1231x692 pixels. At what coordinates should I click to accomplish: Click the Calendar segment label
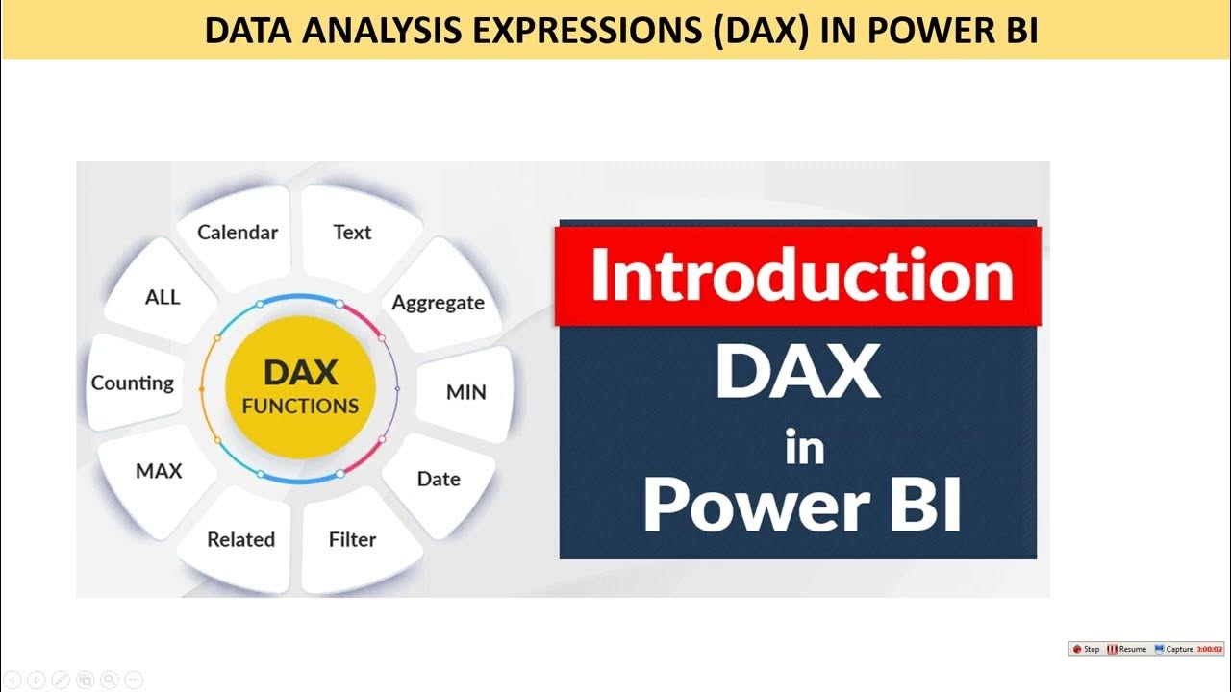[x=238, y=233]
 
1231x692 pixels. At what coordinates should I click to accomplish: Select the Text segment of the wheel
[x=352, y=233]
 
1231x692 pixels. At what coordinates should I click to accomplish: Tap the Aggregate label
[x=438, y=303]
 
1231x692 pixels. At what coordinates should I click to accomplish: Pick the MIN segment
[x=466, y=392]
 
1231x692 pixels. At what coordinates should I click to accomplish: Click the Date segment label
[x=439, y=479]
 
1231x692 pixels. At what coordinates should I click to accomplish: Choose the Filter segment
[x=352, y=540]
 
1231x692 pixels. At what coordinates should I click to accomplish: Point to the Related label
[x=240, y=540]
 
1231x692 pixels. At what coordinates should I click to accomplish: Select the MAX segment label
[x=159, y=472]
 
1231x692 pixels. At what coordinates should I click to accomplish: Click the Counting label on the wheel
[x=133, y=383]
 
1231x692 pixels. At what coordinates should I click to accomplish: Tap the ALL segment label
[x=163, y=297]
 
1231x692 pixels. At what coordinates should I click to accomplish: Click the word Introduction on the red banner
[x=801, y=276]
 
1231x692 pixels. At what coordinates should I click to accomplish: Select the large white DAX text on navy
[x=798, y=373]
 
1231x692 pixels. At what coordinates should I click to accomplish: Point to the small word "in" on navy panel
[x=803, y=448]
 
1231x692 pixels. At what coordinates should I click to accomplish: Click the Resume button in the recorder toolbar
[x=1127, y=649]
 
